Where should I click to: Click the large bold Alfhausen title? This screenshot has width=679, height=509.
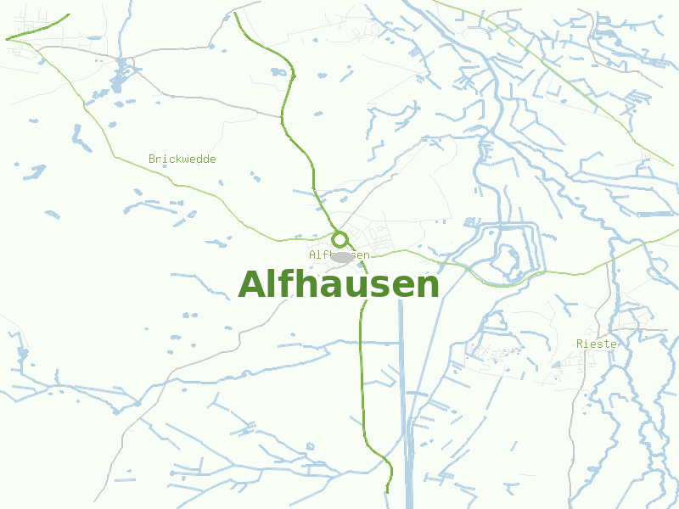(339, 285)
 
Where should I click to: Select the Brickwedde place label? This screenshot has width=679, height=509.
(182, 159)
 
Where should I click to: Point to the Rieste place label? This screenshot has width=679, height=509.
(596, 344)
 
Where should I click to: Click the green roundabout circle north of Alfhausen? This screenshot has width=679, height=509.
(340, 239)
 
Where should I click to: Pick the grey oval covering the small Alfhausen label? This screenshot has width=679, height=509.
(343, 256)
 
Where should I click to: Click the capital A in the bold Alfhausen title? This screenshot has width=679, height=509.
(252, 285)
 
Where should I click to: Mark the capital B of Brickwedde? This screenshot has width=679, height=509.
(152, 159)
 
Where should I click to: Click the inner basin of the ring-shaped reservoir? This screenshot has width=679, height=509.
(508, 255)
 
